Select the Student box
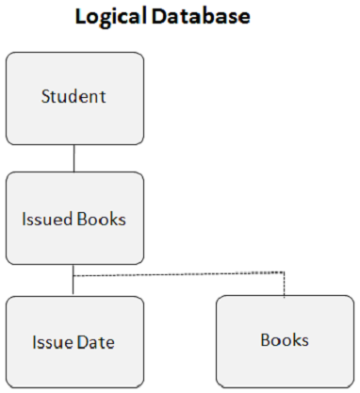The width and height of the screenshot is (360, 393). click(x=74, y=97)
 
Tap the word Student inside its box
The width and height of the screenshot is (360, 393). click(x=74, y=96)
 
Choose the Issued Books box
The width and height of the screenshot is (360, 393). click(x=74, y=218)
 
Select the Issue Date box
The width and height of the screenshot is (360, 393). click(x=74, y=341)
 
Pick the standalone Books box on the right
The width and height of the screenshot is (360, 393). click(x=285, y=341)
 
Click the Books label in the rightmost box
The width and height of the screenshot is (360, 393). click(x=285, y=340)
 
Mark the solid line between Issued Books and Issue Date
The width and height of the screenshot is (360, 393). click(x=74, y=280)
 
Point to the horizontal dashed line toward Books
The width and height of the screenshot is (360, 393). click(x=179, y=274)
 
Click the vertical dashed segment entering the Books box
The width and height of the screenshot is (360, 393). click(x=284, y=286)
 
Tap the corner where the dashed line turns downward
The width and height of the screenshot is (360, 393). click(x=284, y=274)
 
